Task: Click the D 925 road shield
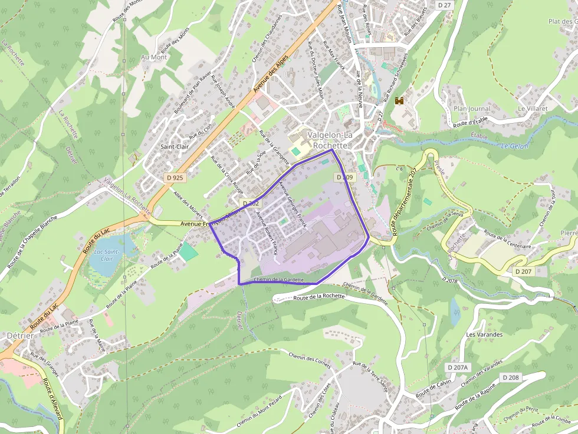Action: pyautogui.click(x=175, y=177)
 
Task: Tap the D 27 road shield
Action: pyautogui.click(x=444, y=5)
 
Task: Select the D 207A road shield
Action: pyautogui.click(x=458, y=367)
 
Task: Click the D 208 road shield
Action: pyautogui.click(x=511, y=377)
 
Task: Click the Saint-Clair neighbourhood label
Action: pyautogui.click(x=175, y=147)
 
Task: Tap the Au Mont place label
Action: pyautogui.click(x=154, y=57)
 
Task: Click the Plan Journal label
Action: pyautogui.click(x=472, y=109)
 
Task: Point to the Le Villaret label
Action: pyautogui.click(x=533, y=109)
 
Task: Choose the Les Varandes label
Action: pyautogui.click(x=484, y=334)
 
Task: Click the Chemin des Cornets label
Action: pyautogui.click(x=310, y=358)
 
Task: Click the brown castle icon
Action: pyautogui.click(x=399, y=101)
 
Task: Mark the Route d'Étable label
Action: pyautogui.click(x=471, y=122)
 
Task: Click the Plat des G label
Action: pyautogui.click(x=561, y=22)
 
